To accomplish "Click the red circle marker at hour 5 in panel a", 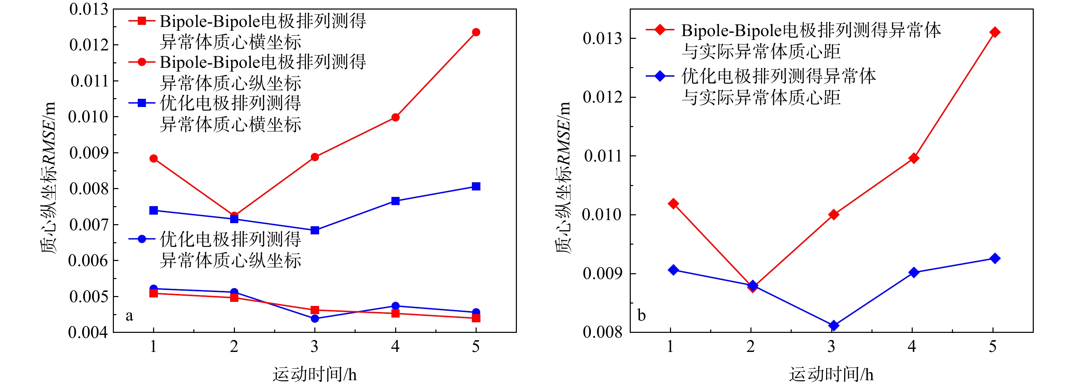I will coord(476,32).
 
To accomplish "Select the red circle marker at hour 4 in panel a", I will coord(395,118).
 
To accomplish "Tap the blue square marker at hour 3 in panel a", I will coord(315,230).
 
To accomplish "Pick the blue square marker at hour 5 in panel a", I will coord(476,186).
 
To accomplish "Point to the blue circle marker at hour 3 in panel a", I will coord(315,319).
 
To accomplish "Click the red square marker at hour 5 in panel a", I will coord(476,318).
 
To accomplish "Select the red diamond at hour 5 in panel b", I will coord(994,32).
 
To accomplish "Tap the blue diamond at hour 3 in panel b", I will coord(833,325).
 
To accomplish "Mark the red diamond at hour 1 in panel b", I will coord(673,204).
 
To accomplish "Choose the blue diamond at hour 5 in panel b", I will coord(994,258).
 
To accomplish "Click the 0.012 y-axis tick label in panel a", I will coord(88,45).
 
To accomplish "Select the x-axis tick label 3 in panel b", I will coord(831,346).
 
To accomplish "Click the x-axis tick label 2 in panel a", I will coord(234,346).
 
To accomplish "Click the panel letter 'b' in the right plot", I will coord(642,315).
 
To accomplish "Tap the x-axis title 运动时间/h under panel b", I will coord(831,374).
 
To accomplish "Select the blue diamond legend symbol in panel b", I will coord(660,76).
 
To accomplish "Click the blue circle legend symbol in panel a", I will coord(142,239).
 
